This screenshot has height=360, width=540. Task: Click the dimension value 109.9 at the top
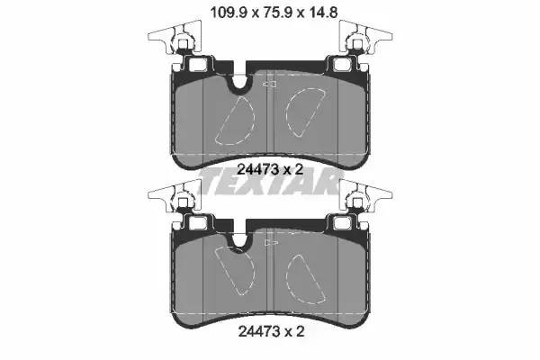click(229, 13)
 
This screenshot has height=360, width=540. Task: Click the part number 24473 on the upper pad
click(258, 169)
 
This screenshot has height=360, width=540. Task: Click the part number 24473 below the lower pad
click(259, 332)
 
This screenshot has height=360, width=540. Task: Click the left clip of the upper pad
click(175, 37)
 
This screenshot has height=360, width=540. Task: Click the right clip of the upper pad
click(365, 37)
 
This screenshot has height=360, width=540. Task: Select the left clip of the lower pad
click(175, 196)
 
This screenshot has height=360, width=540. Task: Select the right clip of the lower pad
click(365, 196)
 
